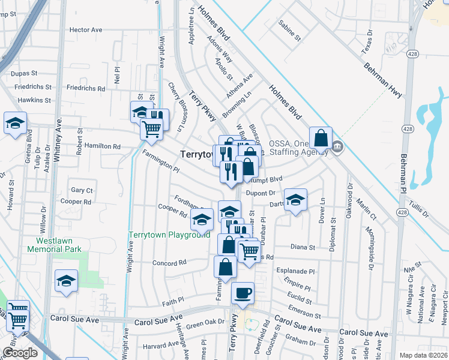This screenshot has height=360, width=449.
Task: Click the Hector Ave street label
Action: coord(86,29)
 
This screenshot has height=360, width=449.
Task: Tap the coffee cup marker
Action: coord(243,293)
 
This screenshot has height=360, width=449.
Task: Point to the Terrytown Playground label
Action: coord(170,235)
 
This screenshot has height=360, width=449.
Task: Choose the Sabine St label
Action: coord(289,31)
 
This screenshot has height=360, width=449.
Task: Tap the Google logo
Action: coord(20,353)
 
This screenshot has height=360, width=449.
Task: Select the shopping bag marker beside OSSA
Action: coord(321,139)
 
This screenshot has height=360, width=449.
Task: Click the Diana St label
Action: coord(303,247)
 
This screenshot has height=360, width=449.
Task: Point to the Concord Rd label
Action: coord(169,263)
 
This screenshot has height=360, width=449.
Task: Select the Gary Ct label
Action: coord(82,190)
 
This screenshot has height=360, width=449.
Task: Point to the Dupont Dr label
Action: coord(261,193)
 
